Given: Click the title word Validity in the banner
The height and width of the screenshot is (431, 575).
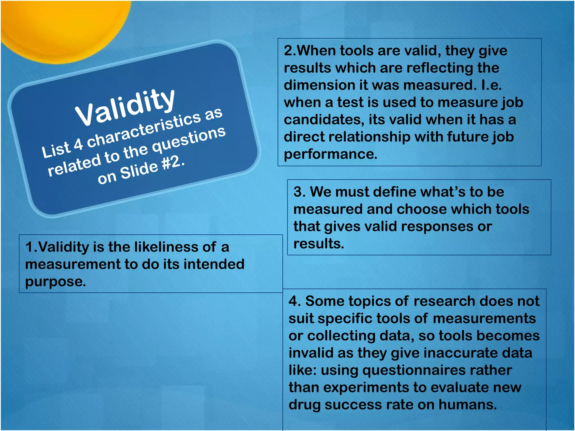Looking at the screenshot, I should point(125,108).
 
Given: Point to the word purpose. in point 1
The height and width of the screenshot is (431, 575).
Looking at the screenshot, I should point(55,281).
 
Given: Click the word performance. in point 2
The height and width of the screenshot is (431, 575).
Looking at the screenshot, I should point(330,154).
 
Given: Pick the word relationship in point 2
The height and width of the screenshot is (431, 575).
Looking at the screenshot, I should point(369,137).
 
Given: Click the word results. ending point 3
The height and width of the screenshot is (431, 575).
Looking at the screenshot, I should point(319,244).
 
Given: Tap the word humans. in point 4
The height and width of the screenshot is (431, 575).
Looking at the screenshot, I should point(467,405).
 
